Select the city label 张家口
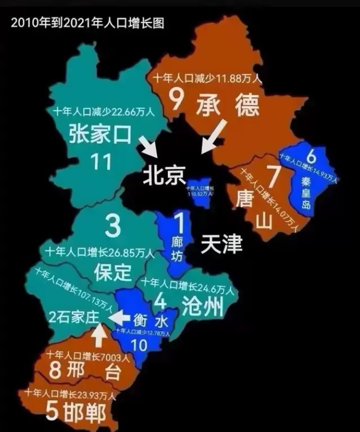coord(100,135)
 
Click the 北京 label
coord(164,175)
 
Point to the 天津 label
coord(221,244)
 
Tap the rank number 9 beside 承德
coord(176,100)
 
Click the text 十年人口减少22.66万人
coord(104,112)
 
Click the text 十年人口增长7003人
coord(87,355)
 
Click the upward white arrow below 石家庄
coord(98,337)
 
